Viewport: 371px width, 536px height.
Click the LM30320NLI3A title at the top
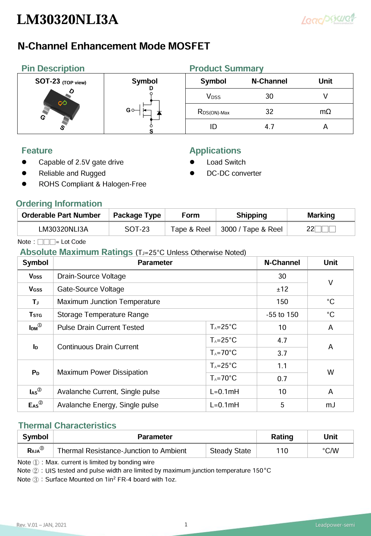(x=68, y=19)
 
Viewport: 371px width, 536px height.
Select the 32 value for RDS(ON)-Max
(x=269, y=112)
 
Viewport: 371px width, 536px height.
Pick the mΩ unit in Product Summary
(x=325, y=112)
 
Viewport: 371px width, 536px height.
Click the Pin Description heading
(x=53, y=68)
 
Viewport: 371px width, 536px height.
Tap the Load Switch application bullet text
(x=226, y=162)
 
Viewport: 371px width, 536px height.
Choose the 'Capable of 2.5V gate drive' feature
(x=81, y=162)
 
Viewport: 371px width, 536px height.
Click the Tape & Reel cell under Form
(x=190, y=229)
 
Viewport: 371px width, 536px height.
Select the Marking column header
(x=321, y=215)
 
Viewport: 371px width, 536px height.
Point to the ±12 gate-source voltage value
(x=282, y=289)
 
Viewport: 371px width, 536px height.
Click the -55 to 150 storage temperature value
(x=282, y=314)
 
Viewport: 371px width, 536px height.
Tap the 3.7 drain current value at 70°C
(x=282, y=353)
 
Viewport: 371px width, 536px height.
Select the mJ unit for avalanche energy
(x=330, y=405)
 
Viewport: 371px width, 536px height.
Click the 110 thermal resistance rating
(x=282, y=451)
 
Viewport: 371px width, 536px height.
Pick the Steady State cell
(x=230, y=451)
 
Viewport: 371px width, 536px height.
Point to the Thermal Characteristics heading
(x=67, y=425)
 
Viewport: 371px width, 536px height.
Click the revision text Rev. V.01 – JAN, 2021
(x=41, y=525)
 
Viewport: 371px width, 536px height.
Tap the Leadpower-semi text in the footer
(x=335, y=525)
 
